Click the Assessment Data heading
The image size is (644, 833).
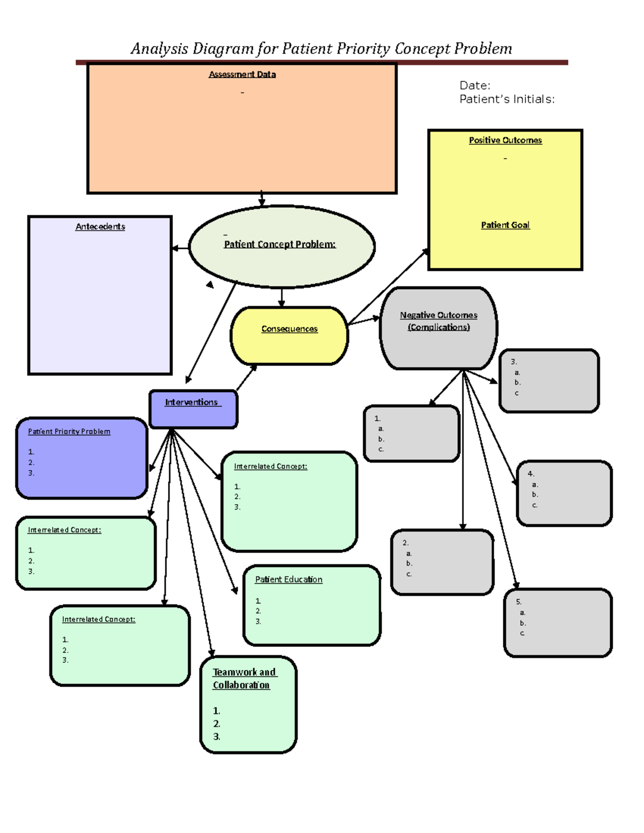point(242,75)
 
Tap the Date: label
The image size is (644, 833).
point(474,86)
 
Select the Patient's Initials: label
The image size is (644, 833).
point(507,99)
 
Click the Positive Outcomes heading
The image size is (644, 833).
point(505,141)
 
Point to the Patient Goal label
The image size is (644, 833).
point(505,225)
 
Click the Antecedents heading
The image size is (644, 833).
point(100,227)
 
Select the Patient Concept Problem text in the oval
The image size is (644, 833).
point(280,245)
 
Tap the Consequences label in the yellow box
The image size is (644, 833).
point(289,329)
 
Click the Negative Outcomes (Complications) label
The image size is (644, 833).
point(438,321)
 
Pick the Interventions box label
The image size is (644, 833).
point(192,402)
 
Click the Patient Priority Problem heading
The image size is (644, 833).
point(69,432)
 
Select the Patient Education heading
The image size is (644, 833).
point(289,580)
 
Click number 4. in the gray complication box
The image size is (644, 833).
point(531,474)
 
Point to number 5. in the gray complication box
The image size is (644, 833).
point(518,602)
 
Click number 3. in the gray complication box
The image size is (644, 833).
point(514,362)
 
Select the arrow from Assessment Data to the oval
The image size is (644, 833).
point(262,199)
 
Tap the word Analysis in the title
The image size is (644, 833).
point(159,49)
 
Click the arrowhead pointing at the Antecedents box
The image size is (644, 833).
point(175,248)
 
